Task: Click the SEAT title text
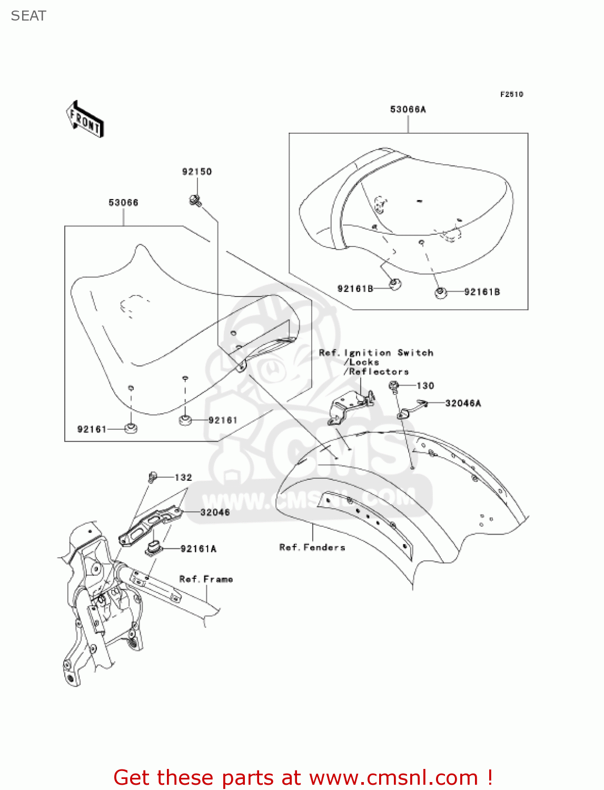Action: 28,16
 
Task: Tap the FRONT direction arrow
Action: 85,119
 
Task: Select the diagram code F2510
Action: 511,94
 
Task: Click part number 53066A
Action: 408,110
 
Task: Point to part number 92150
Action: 197,172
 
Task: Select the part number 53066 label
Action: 123,203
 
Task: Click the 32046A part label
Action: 463,403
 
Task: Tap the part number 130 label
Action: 425,386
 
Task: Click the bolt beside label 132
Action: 152,477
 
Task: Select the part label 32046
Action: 215,512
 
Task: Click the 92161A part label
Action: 199,549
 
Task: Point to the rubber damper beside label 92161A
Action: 153,547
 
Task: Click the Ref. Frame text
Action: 206,579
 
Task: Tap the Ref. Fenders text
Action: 312,548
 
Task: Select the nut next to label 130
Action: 393,387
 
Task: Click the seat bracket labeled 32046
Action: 150,524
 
